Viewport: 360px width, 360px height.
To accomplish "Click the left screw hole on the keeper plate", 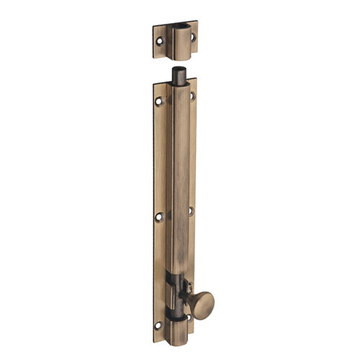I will tap(160, 42).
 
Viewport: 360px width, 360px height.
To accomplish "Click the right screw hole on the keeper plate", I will tap(192, 36).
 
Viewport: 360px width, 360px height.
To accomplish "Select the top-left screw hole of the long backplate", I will tap(159, 102).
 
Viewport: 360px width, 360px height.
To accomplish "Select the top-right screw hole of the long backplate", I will tap(192, 95).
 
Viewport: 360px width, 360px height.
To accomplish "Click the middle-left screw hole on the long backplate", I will tap(159, 216).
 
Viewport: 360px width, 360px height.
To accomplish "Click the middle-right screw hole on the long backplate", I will tap(191, 211).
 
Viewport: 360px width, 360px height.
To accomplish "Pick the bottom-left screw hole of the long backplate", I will tap(158, 325).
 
